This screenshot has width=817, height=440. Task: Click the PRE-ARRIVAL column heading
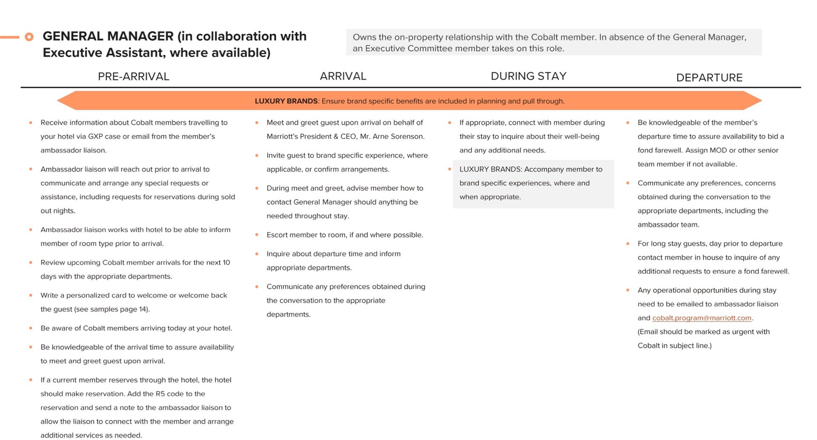tap(133, 77)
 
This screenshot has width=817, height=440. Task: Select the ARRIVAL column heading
tap(343, 76)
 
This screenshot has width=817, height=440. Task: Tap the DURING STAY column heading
tap(528, 76)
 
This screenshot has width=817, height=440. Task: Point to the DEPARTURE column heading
tap(709, 78)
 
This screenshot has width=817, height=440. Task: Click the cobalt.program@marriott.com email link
tap(702, 318)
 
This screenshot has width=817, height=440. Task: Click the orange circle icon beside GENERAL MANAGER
tap(29, 37)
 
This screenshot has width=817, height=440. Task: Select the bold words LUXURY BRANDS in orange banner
tap(286, 101)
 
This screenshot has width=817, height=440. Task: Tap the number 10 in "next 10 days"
tap(226, 262)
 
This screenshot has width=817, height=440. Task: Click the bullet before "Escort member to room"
tap(257, 235)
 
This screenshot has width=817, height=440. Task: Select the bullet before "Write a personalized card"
tap(31, 295)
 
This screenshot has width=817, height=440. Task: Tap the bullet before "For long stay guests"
tap(628, 244)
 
